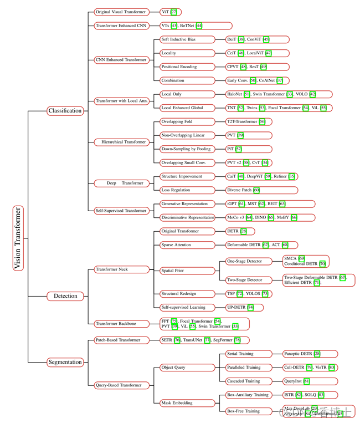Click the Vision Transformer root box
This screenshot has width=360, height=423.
click(18, 238)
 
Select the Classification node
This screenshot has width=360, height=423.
click(65, 110)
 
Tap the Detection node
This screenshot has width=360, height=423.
click(65, 296)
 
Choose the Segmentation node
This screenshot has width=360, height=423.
click(65, 362)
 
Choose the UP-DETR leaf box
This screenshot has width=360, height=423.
click(244, 307)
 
